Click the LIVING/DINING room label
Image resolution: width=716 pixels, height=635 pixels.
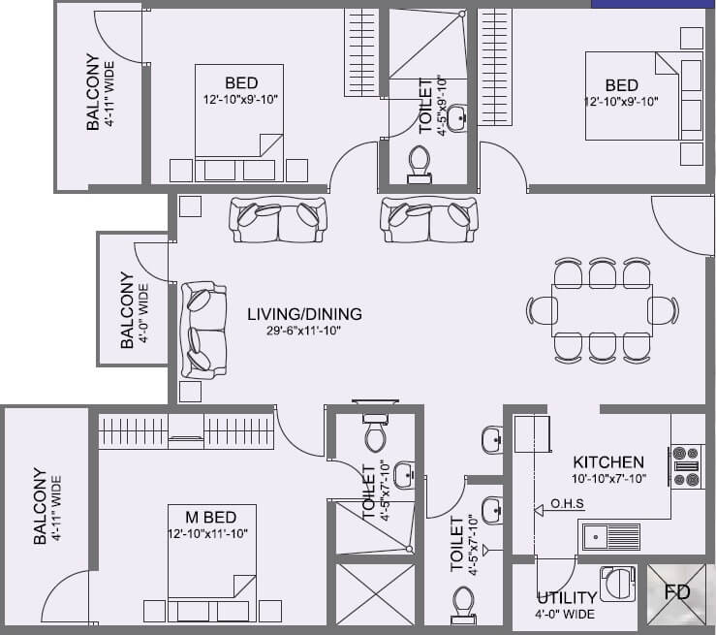(304, 314)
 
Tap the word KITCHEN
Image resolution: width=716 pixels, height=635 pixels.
(607, 462)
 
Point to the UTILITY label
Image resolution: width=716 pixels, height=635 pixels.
(567, 598)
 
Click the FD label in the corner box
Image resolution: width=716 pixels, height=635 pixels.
(677, 591)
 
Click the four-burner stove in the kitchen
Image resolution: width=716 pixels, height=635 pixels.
(687, 465)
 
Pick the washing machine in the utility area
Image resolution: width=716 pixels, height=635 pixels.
(617, 586)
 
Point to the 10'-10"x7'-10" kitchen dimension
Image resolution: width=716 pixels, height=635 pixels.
(607, 479)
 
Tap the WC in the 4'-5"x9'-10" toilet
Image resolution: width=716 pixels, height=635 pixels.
(420, 164)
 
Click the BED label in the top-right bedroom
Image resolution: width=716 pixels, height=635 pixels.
(621, 83)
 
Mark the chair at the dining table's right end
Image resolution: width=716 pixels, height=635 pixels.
(662, 310)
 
